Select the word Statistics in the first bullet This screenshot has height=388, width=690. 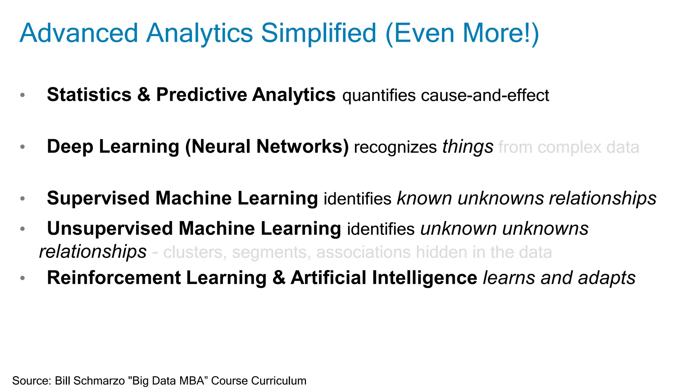click(89, 95)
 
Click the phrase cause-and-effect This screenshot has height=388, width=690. click(485, 95)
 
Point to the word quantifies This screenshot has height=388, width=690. click(379, 96)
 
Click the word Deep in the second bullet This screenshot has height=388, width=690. click(70, 147)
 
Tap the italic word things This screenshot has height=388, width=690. click(468, 147)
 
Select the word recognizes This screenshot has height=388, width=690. click(395, 148)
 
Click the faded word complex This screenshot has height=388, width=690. click(569, 148)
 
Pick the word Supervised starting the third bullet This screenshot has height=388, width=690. click(98, 198)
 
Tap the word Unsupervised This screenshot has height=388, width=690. click(110, 229)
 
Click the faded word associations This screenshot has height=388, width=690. click(364, 252)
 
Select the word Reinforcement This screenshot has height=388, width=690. click(114, 278)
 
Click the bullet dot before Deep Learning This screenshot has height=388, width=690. click(23, 147)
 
